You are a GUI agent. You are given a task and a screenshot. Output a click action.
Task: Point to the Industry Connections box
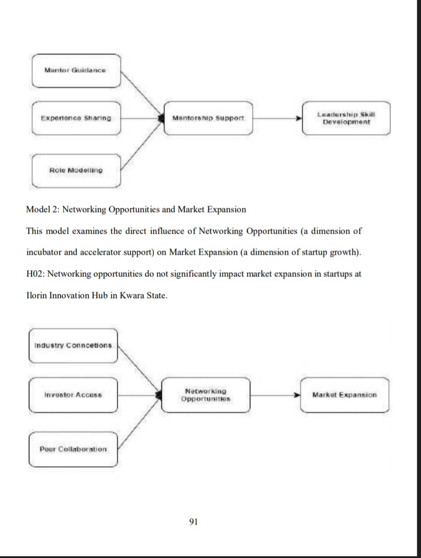[73, 345]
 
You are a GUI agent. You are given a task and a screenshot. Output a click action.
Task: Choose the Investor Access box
[73, 395]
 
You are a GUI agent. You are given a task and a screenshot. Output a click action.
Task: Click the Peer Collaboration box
[73, 449]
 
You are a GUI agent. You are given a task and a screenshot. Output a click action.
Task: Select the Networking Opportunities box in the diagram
[206, 395]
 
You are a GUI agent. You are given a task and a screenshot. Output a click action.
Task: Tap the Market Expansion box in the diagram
[344, 395]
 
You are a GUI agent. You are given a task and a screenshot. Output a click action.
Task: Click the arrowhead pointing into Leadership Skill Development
[298, 118]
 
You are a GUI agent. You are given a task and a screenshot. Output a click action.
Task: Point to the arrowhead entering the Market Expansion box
[296, 395]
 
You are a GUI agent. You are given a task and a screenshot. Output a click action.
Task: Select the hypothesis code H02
[37, 275]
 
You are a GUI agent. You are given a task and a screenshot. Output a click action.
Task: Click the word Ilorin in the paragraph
[37, 295]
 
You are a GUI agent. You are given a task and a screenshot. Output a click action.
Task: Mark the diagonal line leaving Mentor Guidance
[140, 94]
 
